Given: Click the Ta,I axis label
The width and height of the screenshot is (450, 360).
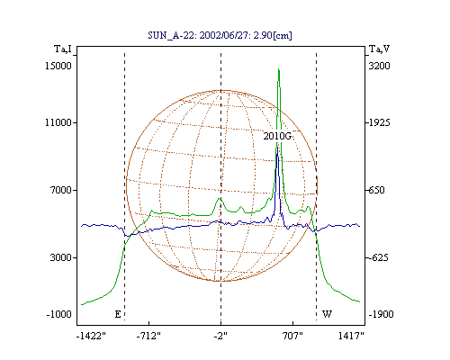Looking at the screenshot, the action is click(x=63, y=49).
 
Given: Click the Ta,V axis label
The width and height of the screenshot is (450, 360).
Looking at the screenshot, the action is click(x=379, y=49).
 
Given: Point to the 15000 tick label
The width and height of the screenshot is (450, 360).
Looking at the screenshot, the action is click(x=58, y=66).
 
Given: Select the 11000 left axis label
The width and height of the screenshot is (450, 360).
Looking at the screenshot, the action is click(x=58, y=122).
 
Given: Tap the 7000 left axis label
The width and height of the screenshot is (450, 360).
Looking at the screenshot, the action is click(x=61, y=190).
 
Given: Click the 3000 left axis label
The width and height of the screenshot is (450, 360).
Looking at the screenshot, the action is click(x=61, y=257).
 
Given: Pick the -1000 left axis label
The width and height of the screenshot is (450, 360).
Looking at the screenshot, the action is click(x=59, y=314).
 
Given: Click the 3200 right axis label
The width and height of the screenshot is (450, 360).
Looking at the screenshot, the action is click(x=379, y=66).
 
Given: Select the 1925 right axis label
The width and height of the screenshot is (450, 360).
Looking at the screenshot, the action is click(x=379, y=122).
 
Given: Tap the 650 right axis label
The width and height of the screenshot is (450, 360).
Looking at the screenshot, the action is click(x=376, y=190).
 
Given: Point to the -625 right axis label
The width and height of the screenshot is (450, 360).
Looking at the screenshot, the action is click(x=378, y=257).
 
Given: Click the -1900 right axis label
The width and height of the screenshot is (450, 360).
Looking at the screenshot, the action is click(x=381, y=314).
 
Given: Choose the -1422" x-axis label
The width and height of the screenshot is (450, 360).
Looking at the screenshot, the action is click(x=91, y=336).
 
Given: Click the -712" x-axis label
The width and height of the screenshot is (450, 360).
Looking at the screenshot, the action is click(x=148, y=336).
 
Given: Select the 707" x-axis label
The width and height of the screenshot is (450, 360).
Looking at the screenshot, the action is click(x=292, y=336).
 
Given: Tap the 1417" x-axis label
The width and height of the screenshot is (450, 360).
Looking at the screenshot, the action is click(x=351, y=336).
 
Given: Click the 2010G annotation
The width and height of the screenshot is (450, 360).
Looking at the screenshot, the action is click(x=277, y=136).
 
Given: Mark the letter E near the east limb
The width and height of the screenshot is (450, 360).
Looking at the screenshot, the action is click(x=118, y=314).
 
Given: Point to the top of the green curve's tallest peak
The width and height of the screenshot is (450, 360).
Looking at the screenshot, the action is click(x=279, y=69).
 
